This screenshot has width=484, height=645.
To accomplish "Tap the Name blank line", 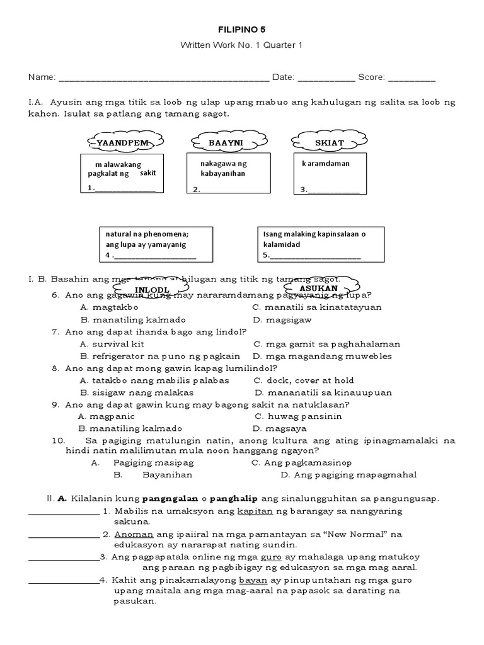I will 163,79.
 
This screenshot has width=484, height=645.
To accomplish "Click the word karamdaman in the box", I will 326,163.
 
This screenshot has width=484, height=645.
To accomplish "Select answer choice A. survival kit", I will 113,344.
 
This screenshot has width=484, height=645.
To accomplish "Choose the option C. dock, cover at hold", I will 304,380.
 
